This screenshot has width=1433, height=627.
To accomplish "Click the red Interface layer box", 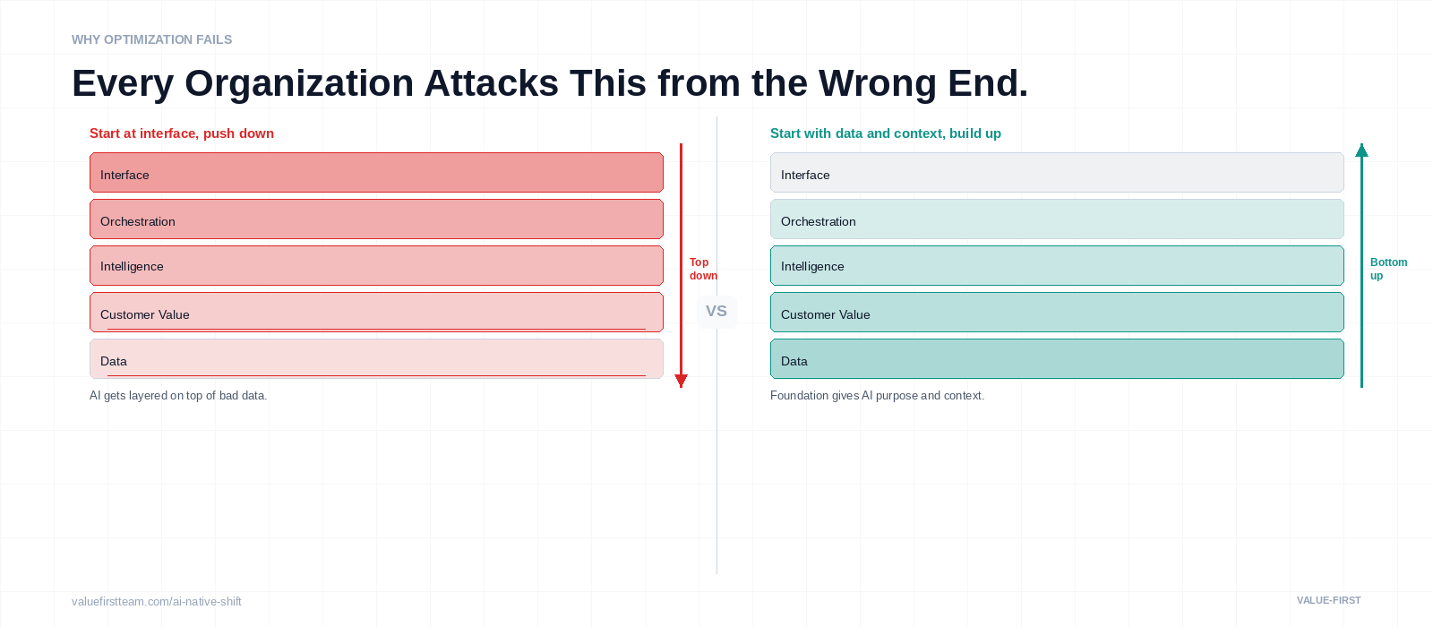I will (x=376, y=172).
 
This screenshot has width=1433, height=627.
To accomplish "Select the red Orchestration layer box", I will (x=376, y=219).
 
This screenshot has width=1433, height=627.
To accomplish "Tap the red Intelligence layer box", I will (x=376, y=265).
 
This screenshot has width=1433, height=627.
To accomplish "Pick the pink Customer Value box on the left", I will (x=376, y=312).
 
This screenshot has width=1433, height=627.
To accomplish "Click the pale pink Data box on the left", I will (x=376, y=358).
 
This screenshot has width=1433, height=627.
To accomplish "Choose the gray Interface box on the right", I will (x=1057, y=172).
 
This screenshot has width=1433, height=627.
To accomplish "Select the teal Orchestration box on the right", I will (x=1057, y=219).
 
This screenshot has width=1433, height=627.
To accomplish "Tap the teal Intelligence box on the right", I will (x=1057, y=265).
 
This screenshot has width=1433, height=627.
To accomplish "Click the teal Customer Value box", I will (x=1057, y=312).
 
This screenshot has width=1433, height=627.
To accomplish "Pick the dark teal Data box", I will (x=1057, y=358).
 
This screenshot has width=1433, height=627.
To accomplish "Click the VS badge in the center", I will (x=716, y=311).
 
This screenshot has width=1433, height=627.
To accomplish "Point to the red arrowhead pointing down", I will (x=681, y=381).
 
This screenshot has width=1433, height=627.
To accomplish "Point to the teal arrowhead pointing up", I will (x=1361, y=150).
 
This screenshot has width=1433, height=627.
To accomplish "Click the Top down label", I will (x=702, y=269).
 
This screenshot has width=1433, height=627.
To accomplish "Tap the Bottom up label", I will (x=1387, y=269).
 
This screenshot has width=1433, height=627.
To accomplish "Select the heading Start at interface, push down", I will (x=182, y=133).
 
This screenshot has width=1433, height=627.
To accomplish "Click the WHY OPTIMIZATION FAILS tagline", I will (x=151, y=39).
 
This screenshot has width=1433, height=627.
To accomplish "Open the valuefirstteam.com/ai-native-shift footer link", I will (x=157, y=601).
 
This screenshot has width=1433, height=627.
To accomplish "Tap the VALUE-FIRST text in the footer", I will (x=1328, y=600).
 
